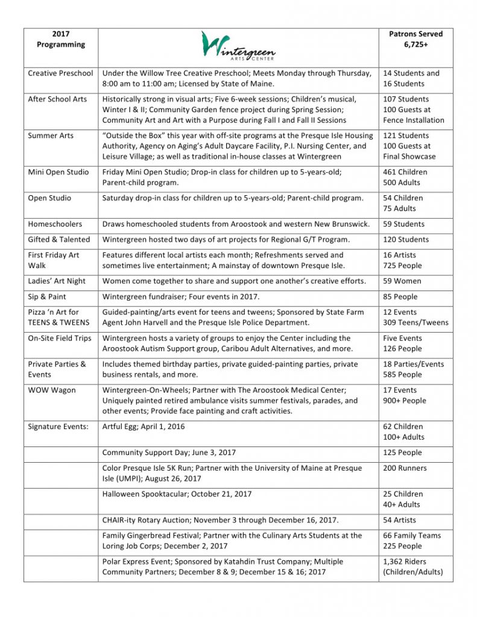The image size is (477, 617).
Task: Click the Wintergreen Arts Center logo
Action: coord(239,46)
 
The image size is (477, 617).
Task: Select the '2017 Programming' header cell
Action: coord(60,39)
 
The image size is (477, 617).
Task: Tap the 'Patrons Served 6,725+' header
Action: coord(415,39)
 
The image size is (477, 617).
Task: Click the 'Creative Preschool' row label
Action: coord(60,73)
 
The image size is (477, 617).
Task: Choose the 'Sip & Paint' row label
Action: coord(47,296)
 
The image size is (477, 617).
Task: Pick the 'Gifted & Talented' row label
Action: coord(58,239)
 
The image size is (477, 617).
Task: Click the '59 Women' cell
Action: coord(402,281)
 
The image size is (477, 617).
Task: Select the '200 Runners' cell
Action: coord(405,468)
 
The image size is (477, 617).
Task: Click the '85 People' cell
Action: coord(402,296)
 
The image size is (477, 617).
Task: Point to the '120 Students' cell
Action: coord(406,239)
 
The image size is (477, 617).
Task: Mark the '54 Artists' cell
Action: coord(399,520)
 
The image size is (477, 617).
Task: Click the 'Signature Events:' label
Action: coord(58,427)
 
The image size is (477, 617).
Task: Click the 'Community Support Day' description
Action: coord(169,453)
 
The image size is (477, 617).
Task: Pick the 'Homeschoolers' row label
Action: coord(55,224)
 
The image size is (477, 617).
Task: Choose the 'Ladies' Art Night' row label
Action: coord(57,281)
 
